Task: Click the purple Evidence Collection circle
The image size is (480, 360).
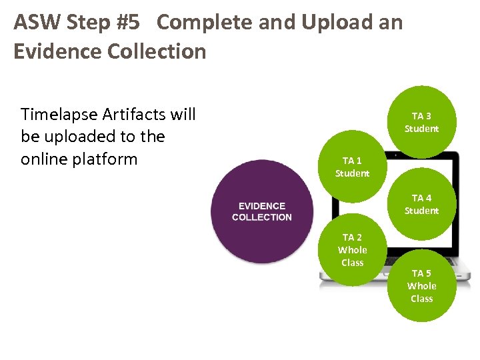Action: [261, 211]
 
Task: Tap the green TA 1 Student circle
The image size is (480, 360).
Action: [352, 167]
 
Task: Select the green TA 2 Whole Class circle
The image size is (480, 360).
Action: [352, 250]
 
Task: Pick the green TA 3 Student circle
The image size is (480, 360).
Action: [421, 122]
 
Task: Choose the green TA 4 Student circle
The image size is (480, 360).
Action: [421, 204]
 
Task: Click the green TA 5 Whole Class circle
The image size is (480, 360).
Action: [421, 286]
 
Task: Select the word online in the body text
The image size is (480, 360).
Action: [42, 159]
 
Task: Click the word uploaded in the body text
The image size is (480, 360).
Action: [81, 137]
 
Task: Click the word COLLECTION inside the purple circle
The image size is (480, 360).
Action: [261, 217]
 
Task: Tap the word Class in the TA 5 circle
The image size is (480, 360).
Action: [421, 299]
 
